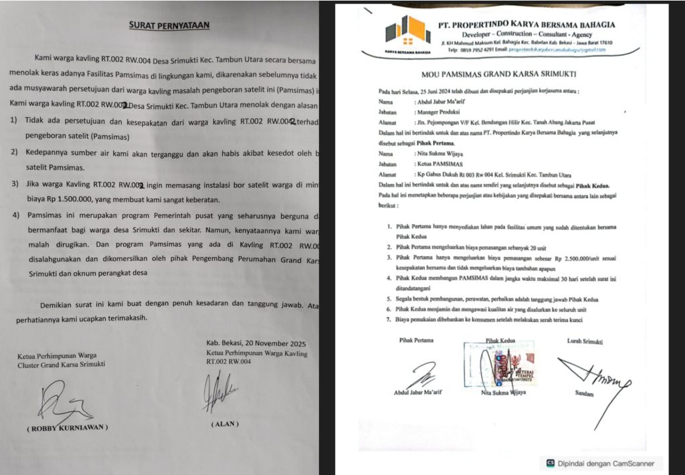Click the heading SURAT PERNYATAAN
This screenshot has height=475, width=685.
pos(169,25)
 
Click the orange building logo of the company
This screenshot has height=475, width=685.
pos(407,31)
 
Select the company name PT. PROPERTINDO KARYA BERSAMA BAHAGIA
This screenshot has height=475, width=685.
pos(526,24)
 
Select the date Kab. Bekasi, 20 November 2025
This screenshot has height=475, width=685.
pos(258,344)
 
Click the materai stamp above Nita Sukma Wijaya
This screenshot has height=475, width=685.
pos(505,366)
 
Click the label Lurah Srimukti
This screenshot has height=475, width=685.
pos(584,341)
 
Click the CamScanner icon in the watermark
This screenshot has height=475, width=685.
pos(550,463)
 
